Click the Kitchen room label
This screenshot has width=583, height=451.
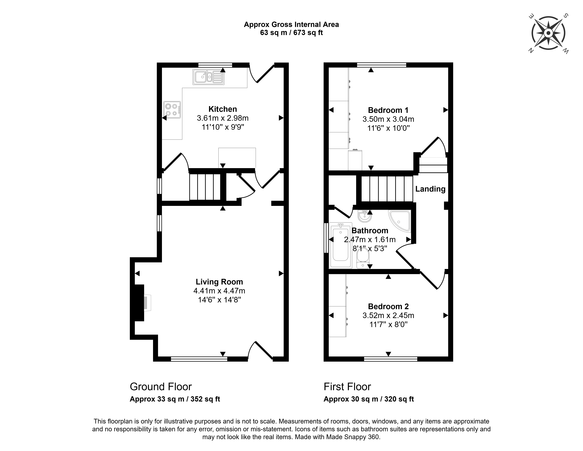[x=223, y=109]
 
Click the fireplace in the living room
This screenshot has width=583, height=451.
[x=141, y=303]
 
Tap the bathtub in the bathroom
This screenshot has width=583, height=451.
[x=340, y=245]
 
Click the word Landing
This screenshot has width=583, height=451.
[x=430, y=189]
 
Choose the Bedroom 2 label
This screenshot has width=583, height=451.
[x=388, y=306]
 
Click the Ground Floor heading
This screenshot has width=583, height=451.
[x=161, y=387]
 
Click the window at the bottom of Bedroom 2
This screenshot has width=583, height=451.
[x=391, y=359]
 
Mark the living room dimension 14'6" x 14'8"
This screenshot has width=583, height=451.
[x=219, y=300]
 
